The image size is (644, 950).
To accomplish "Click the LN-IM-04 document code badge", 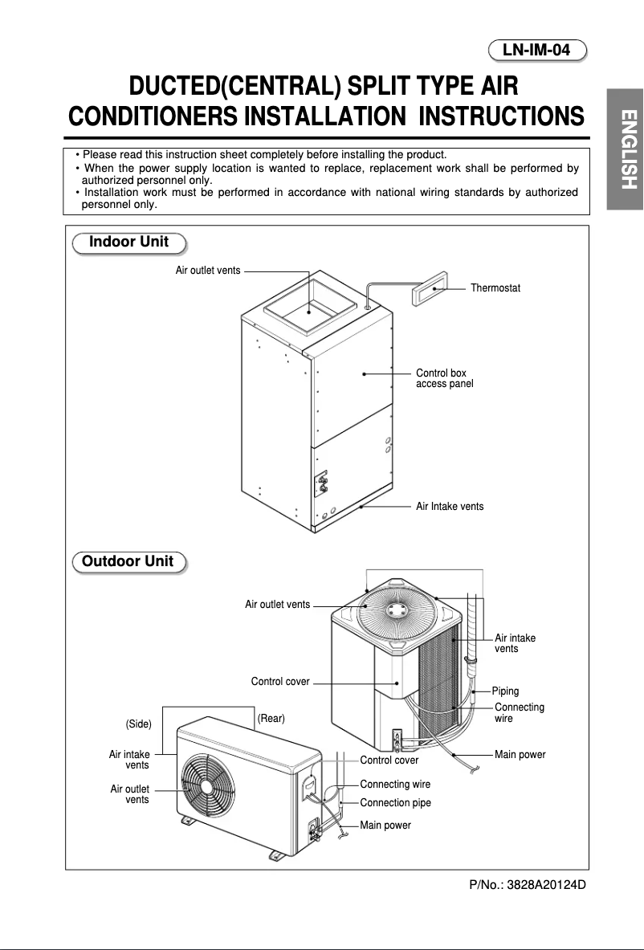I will [537, 51].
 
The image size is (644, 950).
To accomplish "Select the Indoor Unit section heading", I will [128, 243].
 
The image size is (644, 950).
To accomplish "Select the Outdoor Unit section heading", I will [128, 561].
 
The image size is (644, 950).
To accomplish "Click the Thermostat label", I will [495, 287].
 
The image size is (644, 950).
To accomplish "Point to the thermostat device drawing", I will [434, 287].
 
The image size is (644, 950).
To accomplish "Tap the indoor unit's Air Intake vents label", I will [450, 507].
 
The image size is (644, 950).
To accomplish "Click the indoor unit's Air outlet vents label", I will [208, 271].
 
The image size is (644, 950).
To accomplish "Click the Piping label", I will [505, 691].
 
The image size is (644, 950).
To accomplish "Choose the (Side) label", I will [139, 724].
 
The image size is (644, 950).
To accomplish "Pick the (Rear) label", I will [271, 718].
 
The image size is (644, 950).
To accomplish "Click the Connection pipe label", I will [395, 803].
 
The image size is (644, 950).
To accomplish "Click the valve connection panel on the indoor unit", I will [323, 482].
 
